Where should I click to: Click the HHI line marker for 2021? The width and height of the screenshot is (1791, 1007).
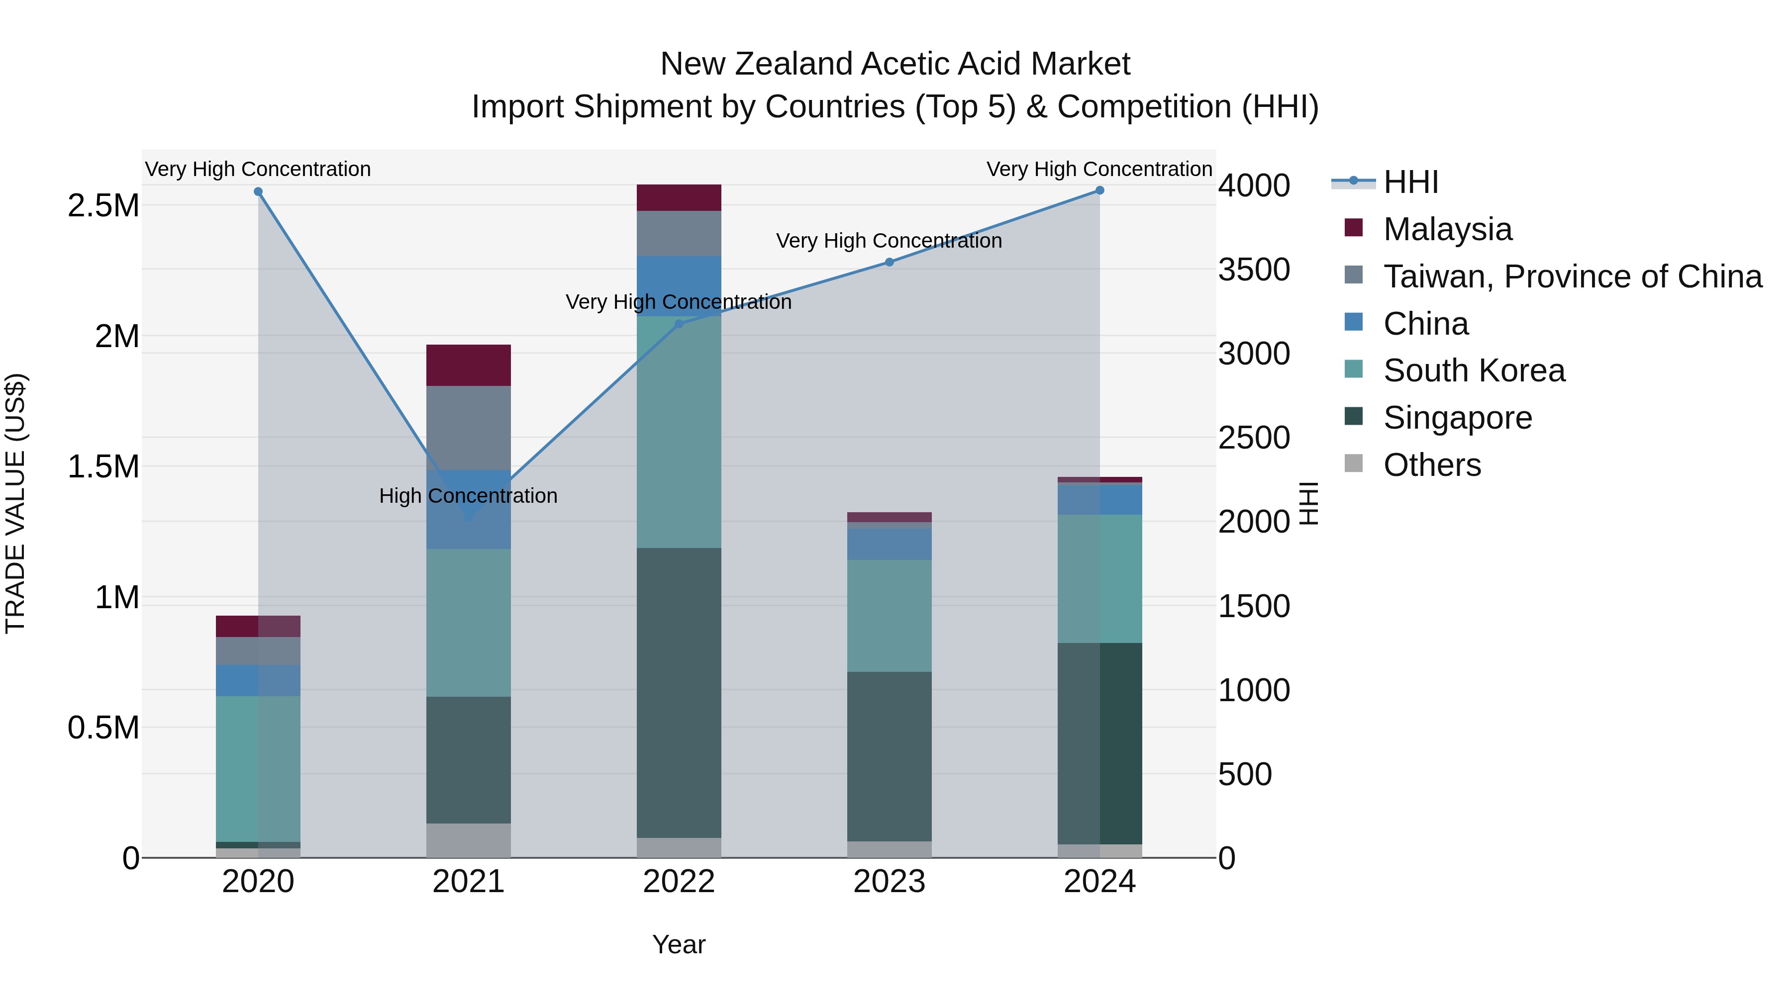point(469,517)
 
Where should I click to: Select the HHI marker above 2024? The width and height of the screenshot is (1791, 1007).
point(1099,190)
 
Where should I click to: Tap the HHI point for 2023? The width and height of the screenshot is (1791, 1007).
point(889,262)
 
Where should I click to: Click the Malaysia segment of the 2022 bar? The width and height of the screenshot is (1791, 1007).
point(679,197)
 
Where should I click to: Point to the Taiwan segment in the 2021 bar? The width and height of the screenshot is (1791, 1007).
point(469,427)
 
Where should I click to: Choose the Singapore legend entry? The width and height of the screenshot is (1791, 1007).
point(1457,418)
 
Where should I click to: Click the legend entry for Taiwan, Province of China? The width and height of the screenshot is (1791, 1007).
point(1572,276)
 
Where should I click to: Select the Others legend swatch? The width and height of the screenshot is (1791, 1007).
point(1354,463)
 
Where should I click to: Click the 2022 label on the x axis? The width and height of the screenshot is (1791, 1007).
point(679,882)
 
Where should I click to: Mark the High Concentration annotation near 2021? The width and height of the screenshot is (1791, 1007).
point(468,495)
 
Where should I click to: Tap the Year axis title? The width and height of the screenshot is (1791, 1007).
point(679,944)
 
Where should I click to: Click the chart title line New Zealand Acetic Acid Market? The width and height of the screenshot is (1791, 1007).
point(895,64)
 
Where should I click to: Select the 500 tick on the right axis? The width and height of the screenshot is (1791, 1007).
point(1245,774)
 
